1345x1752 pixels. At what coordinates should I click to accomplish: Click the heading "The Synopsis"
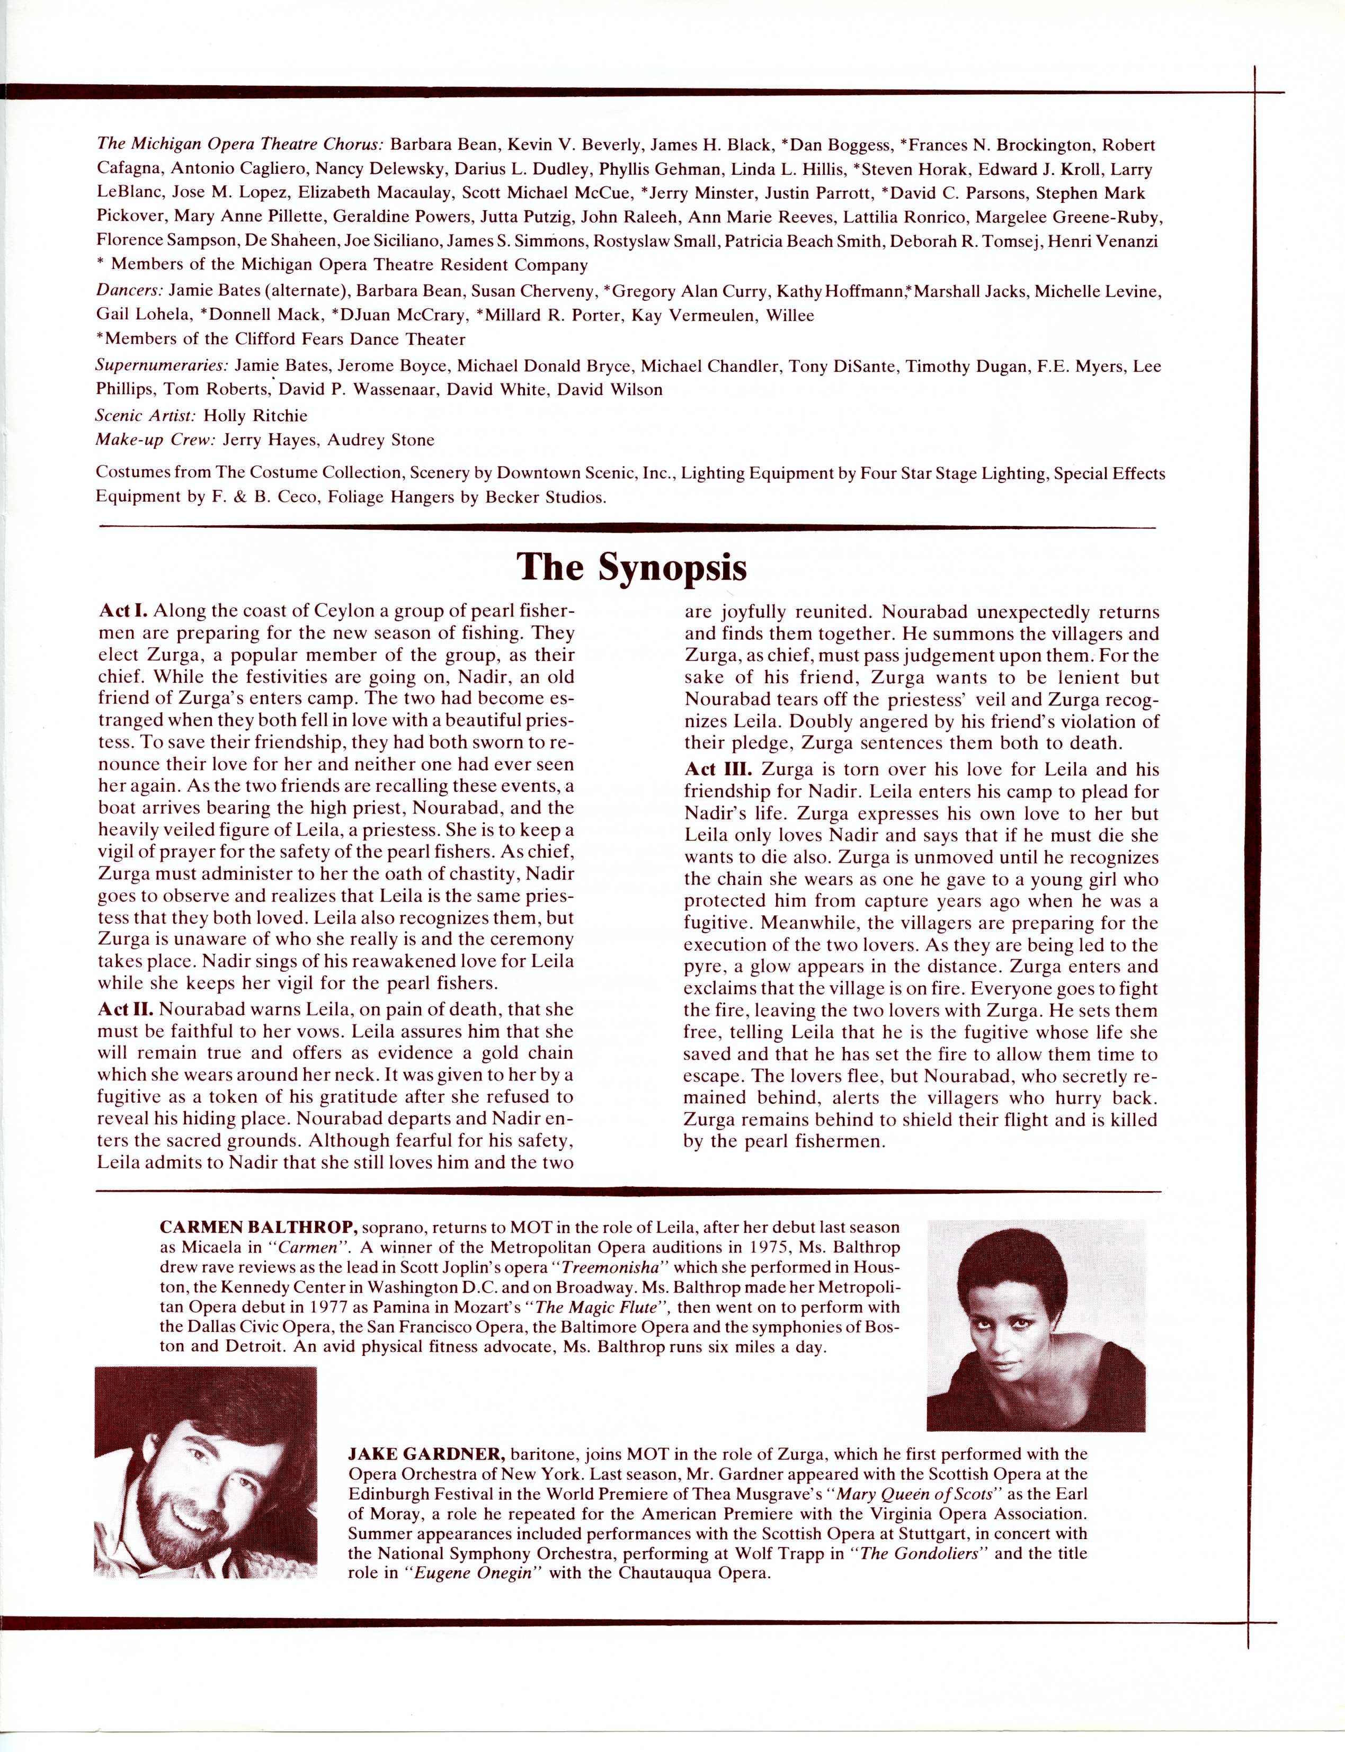(631, 567)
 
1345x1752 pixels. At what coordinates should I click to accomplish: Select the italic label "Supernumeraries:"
(162, 366)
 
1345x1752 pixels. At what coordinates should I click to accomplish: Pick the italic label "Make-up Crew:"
(155, 440)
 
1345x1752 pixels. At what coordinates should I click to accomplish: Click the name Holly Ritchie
(255, 415)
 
